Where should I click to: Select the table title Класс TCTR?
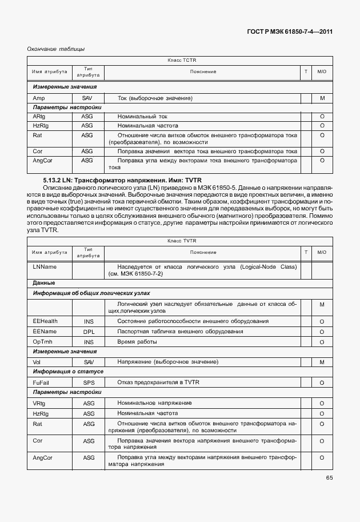pos(181,61)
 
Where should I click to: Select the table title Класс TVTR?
pos(181,241)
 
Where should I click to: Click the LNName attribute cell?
pos(45,266)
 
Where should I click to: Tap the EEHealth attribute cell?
pos(45,321)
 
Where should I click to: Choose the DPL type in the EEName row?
pos(89,332)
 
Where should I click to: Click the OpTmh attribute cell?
pos(42,341)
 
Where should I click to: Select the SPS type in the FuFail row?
pos(89,382)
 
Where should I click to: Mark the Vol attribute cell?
pos(37,362)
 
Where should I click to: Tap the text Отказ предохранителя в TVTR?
pos(158,382)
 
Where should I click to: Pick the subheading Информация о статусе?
pos(68,372)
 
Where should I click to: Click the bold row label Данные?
pos(44,283)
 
